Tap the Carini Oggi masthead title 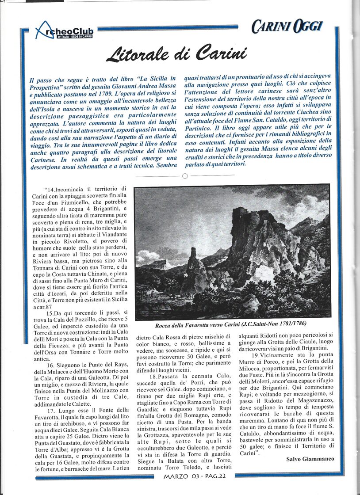click(x=287, y=27)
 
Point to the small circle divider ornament click(x=185, y=176)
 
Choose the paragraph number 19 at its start click(x=255, y=355)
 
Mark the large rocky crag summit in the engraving click(x=248, y=217)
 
